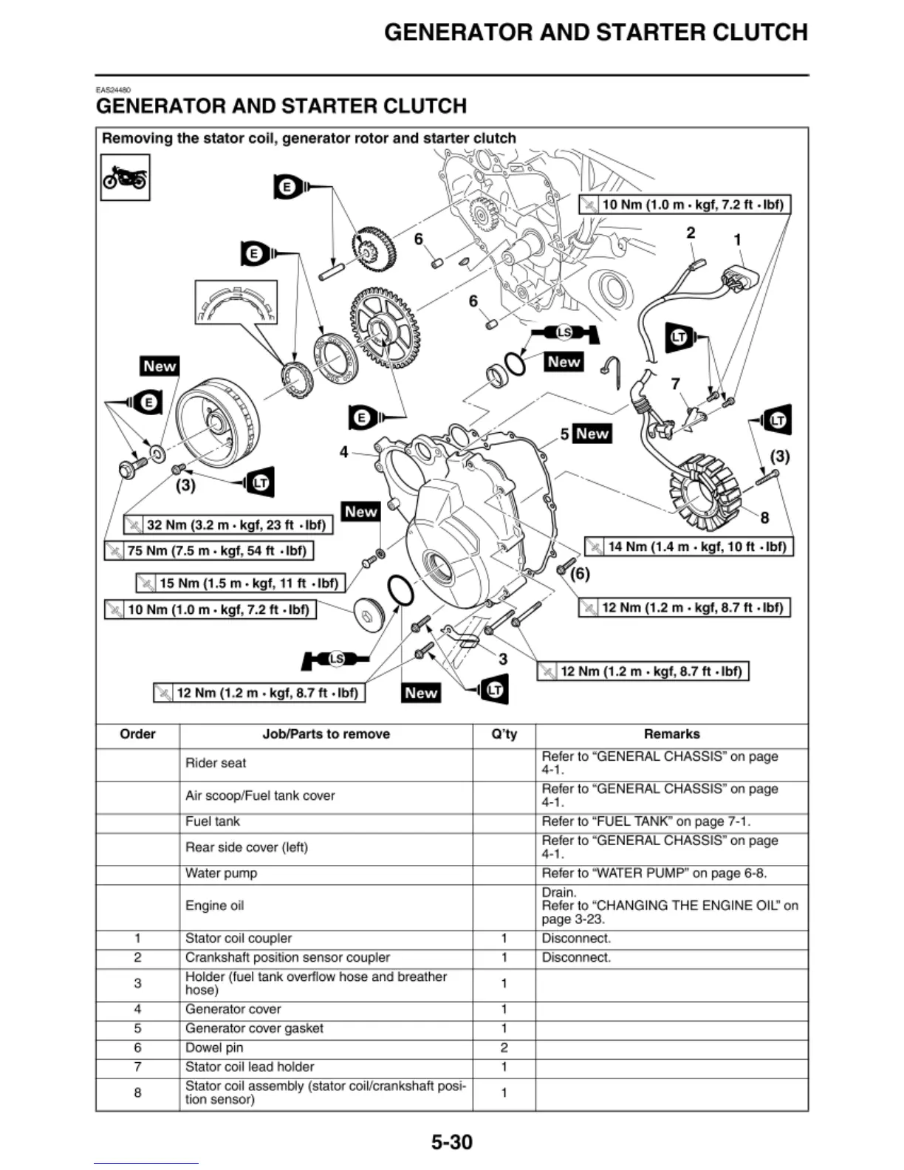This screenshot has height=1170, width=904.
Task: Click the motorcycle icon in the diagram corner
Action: pyautogui.click(x=125, y=177)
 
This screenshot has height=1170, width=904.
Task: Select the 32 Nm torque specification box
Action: pyautogui.click(x=228, y=525)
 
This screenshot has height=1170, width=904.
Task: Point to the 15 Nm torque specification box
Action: pyautogui.click(x=240, y=584)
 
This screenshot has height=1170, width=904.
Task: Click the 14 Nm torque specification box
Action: pyautogui.click(x=688, y=547)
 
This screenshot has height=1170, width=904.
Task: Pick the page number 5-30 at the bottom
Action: pyautogui.click(x=451, y=1142)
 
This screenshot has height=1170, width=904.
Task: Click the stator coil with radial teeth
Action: pyautogui.click(x=706, y=492)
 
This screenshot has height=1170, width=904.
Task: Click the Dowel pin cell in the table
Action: pyautogui.click(x=214, y=1047)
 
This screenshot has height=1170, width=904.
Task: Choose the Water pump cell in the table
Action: pyautogui.click(x=222, y=873)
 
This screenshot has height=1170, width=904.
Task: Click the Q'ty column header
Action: pyautogui.click(x=504, y=734)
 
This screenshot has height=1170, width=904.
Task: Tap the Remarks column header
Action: pyautogui.click(x=671, y=734)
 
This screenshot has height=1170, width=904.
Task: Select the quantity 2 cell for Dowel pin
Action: pyautogui.click(x=504, y=1047)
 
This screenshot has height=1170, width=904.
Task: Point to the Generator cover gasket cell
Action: pyautogui.click(x=254, y=1028)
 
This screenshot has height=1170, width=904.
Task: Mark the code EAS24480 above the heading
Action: pyautogui.click(x=113, y=90)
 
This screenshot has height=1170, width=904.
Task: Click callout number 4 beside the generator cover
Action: pyautogui.click(x=343, y=452)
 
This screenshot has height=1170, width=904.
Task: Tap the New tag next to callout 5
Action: pyautogui.click(x=592, y=434)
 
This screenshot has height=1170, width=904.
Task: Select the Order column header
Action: pyautogui.click(x=137, y=734)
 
